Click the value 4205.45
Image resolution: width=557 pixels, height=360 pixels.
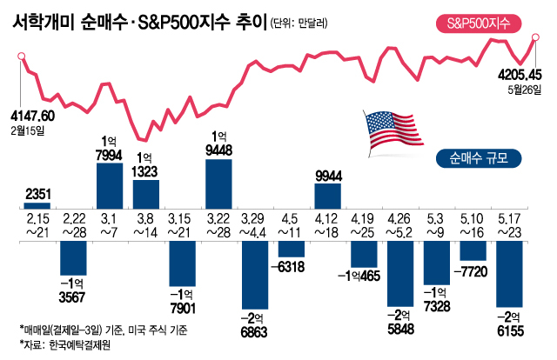pos(519,74)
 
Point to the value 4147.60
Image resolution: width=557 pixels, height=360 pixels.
pos(33,115)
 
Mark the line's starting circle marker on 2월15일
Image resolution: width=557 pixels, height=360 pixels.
pos(20,57)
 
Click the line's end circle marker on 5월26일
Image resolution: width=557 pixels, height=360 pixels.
pos(535,38)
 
